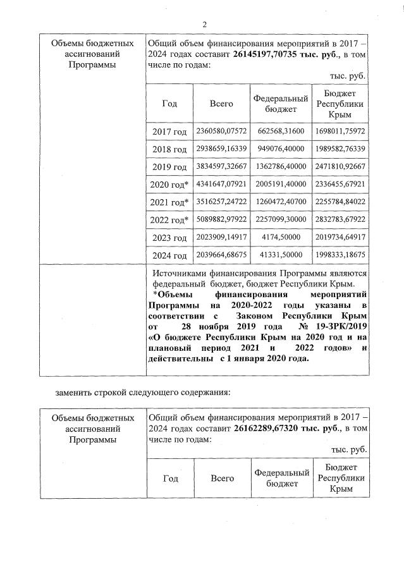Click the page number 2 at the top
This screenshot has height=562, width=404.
click(204, 25)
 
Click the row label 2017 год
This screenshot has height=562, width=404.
click(169, 131)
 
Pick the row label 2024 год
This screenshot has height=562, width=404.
click(169, 256)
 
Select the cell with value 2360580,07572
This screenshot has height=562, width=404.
click(221, 131)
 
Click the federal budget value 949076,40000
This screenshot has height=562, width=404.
click(281, 149)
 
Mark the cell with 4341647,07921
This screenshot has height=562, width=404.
click(221, 184)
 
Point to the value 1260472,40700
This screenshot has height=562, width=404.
click(281, 202)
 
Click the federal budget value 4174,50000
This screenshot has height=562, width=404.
click(281, 238)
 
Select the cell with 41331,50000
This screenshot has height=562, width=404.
click(281, 255)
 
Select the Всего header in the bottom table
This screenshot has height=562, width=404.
click(222, 479)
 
